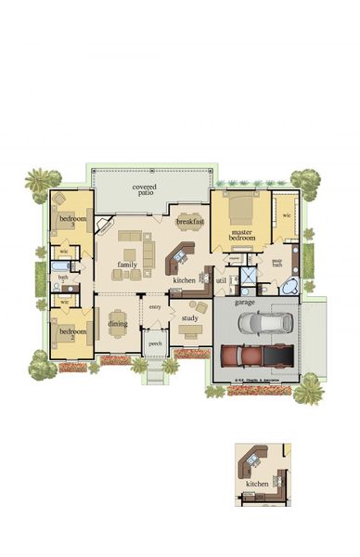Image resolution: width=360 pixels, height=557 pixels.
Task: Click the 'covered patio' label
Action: pyautogui.click(x=144, y=191)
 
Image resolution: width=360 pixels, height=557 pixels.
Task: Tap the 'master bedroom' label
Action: pyautogui.click(x=241, y=237)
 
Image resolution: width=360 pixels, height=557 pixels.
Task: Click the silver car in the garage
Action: pyautogui.click(x=265, y=323)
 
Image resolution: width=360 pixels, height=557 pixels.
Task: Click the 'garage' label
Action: pyautogui.click(x=245, y=303)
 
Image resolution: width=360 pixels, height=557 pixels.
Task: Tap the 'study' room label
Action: pyautogui.click(x=189, y=318)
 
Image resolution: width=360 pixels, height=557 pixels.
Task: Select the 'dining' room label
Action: pyautogui.click(x=118, y=324)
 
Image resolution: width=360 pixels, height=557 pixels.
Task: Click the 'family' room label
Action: pyautogui.click(x=127, y=266)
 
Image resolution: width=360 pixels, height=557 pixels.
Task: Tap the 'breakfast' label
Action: pyautogui.click(x=189, y=223)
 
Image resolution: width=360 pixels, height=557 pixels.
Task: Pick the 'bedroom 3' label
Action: pyautogui.click(x=72, y=220)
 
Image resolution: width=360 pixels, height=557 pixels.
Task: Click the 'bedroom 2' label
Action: pyautogui.click(x=72, y=332)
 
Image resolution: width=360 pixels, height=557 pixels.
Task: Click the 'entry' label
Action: pyautogui.click(x=155, y=306)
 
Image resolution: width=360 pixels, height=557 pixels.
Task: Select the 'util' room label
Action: pyautogui.click(x=221, y=279)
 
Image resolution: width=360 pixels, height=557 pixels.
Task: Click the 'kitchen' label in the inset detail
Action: pyautogui.click(x=257, y=485)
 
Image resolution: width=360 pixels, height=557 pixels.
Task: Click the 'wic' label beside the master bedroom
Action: pyautogui.click(x=286, y=215)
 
